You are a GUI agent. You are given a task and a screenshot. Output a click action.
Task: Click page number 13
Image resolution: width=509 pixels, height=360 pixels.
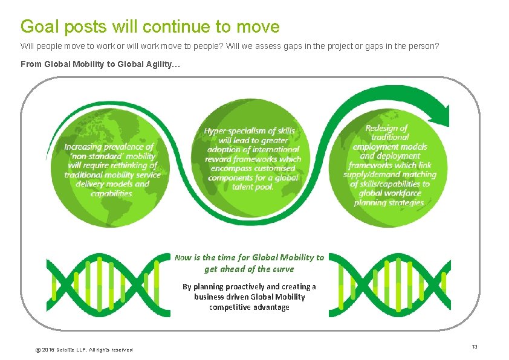pos(475,346)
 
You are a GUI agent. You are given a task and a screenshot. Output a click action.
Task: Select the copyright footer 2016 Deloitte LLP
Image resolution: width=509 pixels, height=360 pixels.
pos(84,350)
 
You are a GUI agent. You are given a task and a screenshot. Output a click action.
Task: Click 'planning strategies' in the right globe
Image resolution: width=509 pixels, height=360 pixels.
pos(392,203)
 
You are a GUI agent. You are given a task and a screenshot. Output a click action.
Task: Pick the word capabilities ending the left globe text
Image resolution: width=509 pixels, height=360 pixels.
pos(112,193)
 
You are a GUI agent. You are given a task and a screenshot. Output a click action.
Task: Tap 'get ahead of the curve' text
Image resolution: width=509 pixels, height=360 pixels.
pos(249,269)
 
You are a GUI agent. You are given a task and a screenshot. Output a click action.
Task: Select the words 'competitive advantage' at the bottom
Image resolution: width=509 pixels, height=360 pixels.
pos(249,307)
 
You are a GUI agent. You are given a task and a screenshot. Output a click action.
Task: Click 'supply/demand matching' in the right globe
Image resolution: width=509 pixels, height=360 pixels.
pos(390,175)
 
